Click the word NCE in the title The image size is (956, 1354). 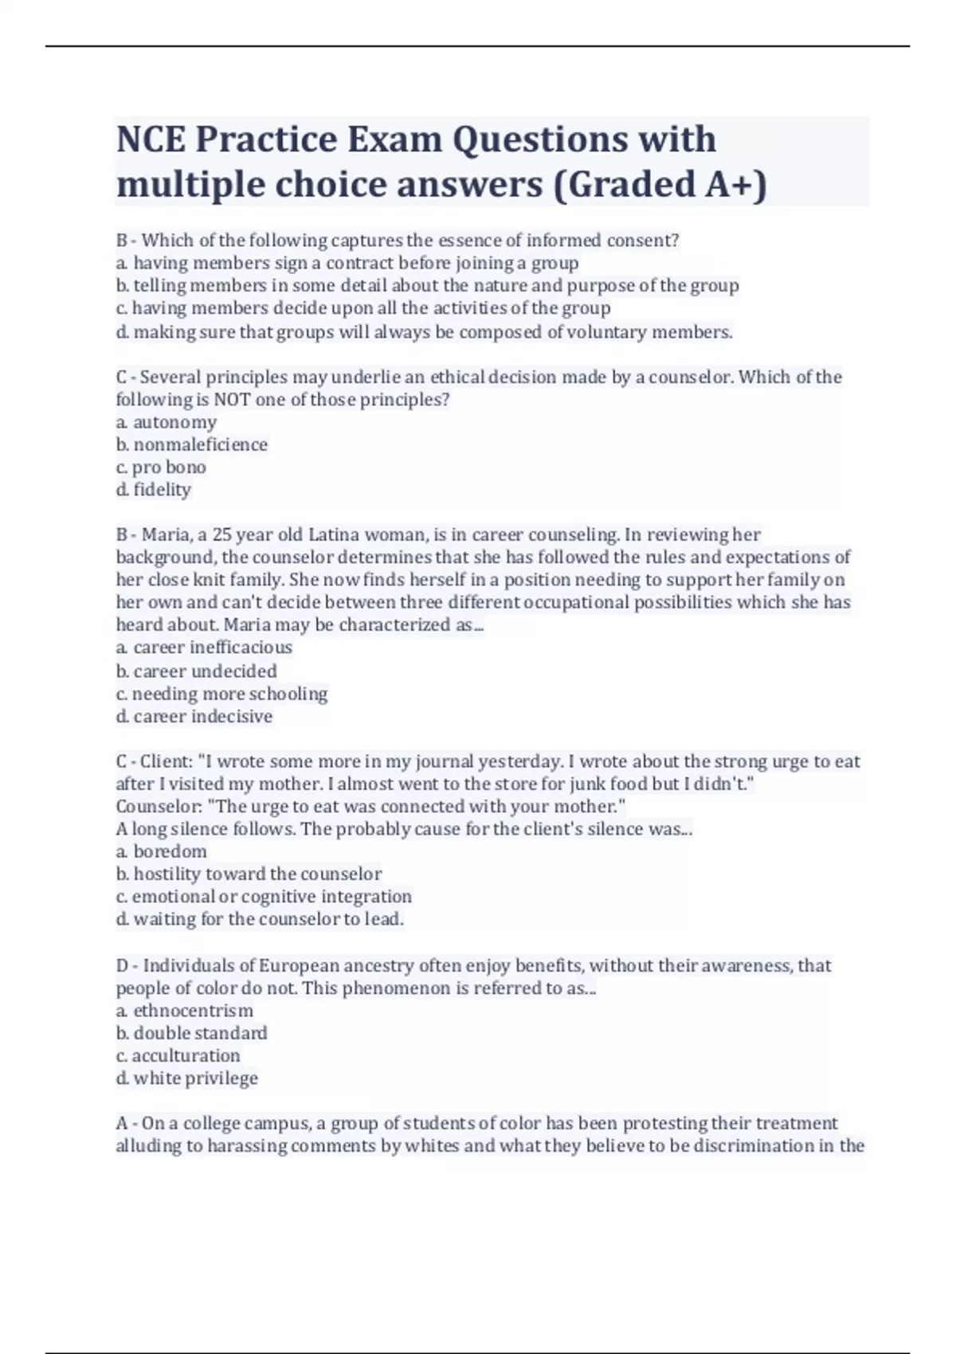(151, 139)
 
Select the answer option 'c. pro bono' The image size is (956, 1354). (161, 467)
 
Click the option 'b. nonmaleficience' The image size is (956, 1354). (192, 444)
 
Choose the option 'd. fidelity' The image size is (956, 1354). (154, 489)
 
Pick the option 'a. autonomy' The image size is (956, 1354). (167, 422)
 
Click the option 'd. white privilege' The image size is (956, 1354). (187, 1078)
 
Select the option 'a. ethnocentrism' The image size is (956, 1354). (185, 1011)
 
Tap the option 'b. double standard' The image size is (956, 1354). (192, 1033)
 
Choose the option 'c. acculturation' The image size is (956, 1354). (178, 1055)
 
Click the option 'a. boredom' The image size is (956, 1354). (162, 851)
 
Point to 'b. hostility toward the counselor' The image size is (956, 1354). (249, 874)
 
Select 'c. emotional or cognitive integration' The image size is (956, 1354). (264, 896)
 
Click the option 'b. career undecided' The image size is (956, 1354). (197, 671)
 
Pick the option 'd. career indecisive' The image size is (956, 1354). (194, 716)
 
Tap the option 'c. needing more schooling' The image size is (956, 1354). (221, 694)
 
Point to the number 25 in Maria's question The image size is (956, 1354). (222, 534)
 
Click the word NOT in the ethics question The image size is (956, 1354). (232, 400)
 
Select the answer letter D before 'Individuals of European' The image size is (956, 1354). (123, 966)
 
